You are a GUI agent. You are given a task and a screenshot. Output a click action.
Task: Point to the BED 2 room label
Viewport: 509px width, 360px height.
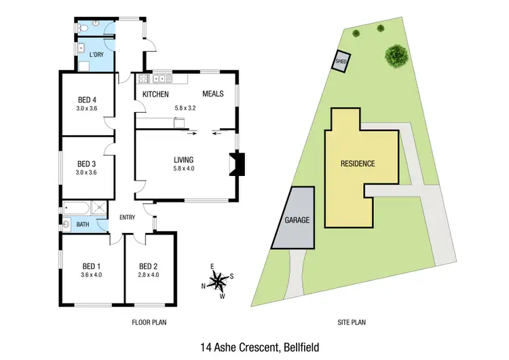pos(149,266)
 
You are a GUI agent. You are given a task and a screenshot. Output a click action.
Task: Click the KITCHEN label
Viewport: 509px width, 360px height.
pos(155,94)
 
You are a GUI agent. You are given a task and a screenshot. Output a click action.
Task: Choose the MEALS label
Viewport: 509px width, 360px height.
pos(214,94)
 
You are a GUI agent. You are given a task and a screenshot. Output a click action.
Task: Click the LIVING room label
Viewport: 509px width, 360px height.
pos(184,160)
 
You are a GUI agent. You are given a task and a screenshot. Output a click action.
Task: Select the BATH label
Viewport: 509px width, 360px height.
pos(83,224)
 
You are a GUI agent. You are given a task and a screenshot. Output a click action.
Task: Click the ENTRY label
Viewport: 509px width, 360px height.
pos(128,217)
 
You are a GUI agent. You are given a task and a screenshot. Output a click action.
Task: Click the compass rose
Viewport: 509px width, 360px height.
pos(218,280)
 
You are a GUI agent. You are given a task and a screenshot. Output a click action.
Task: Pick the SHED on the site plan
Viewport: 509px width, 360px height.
pos(341,63)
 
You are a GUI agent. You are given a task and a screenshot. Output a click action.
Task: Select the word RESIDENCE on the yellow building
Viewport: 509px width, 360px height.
pos(357,164)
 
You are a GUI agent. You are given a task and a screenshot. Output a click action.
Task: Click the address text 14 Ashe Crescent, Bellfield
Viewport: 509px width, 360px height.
pos(254,346)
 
